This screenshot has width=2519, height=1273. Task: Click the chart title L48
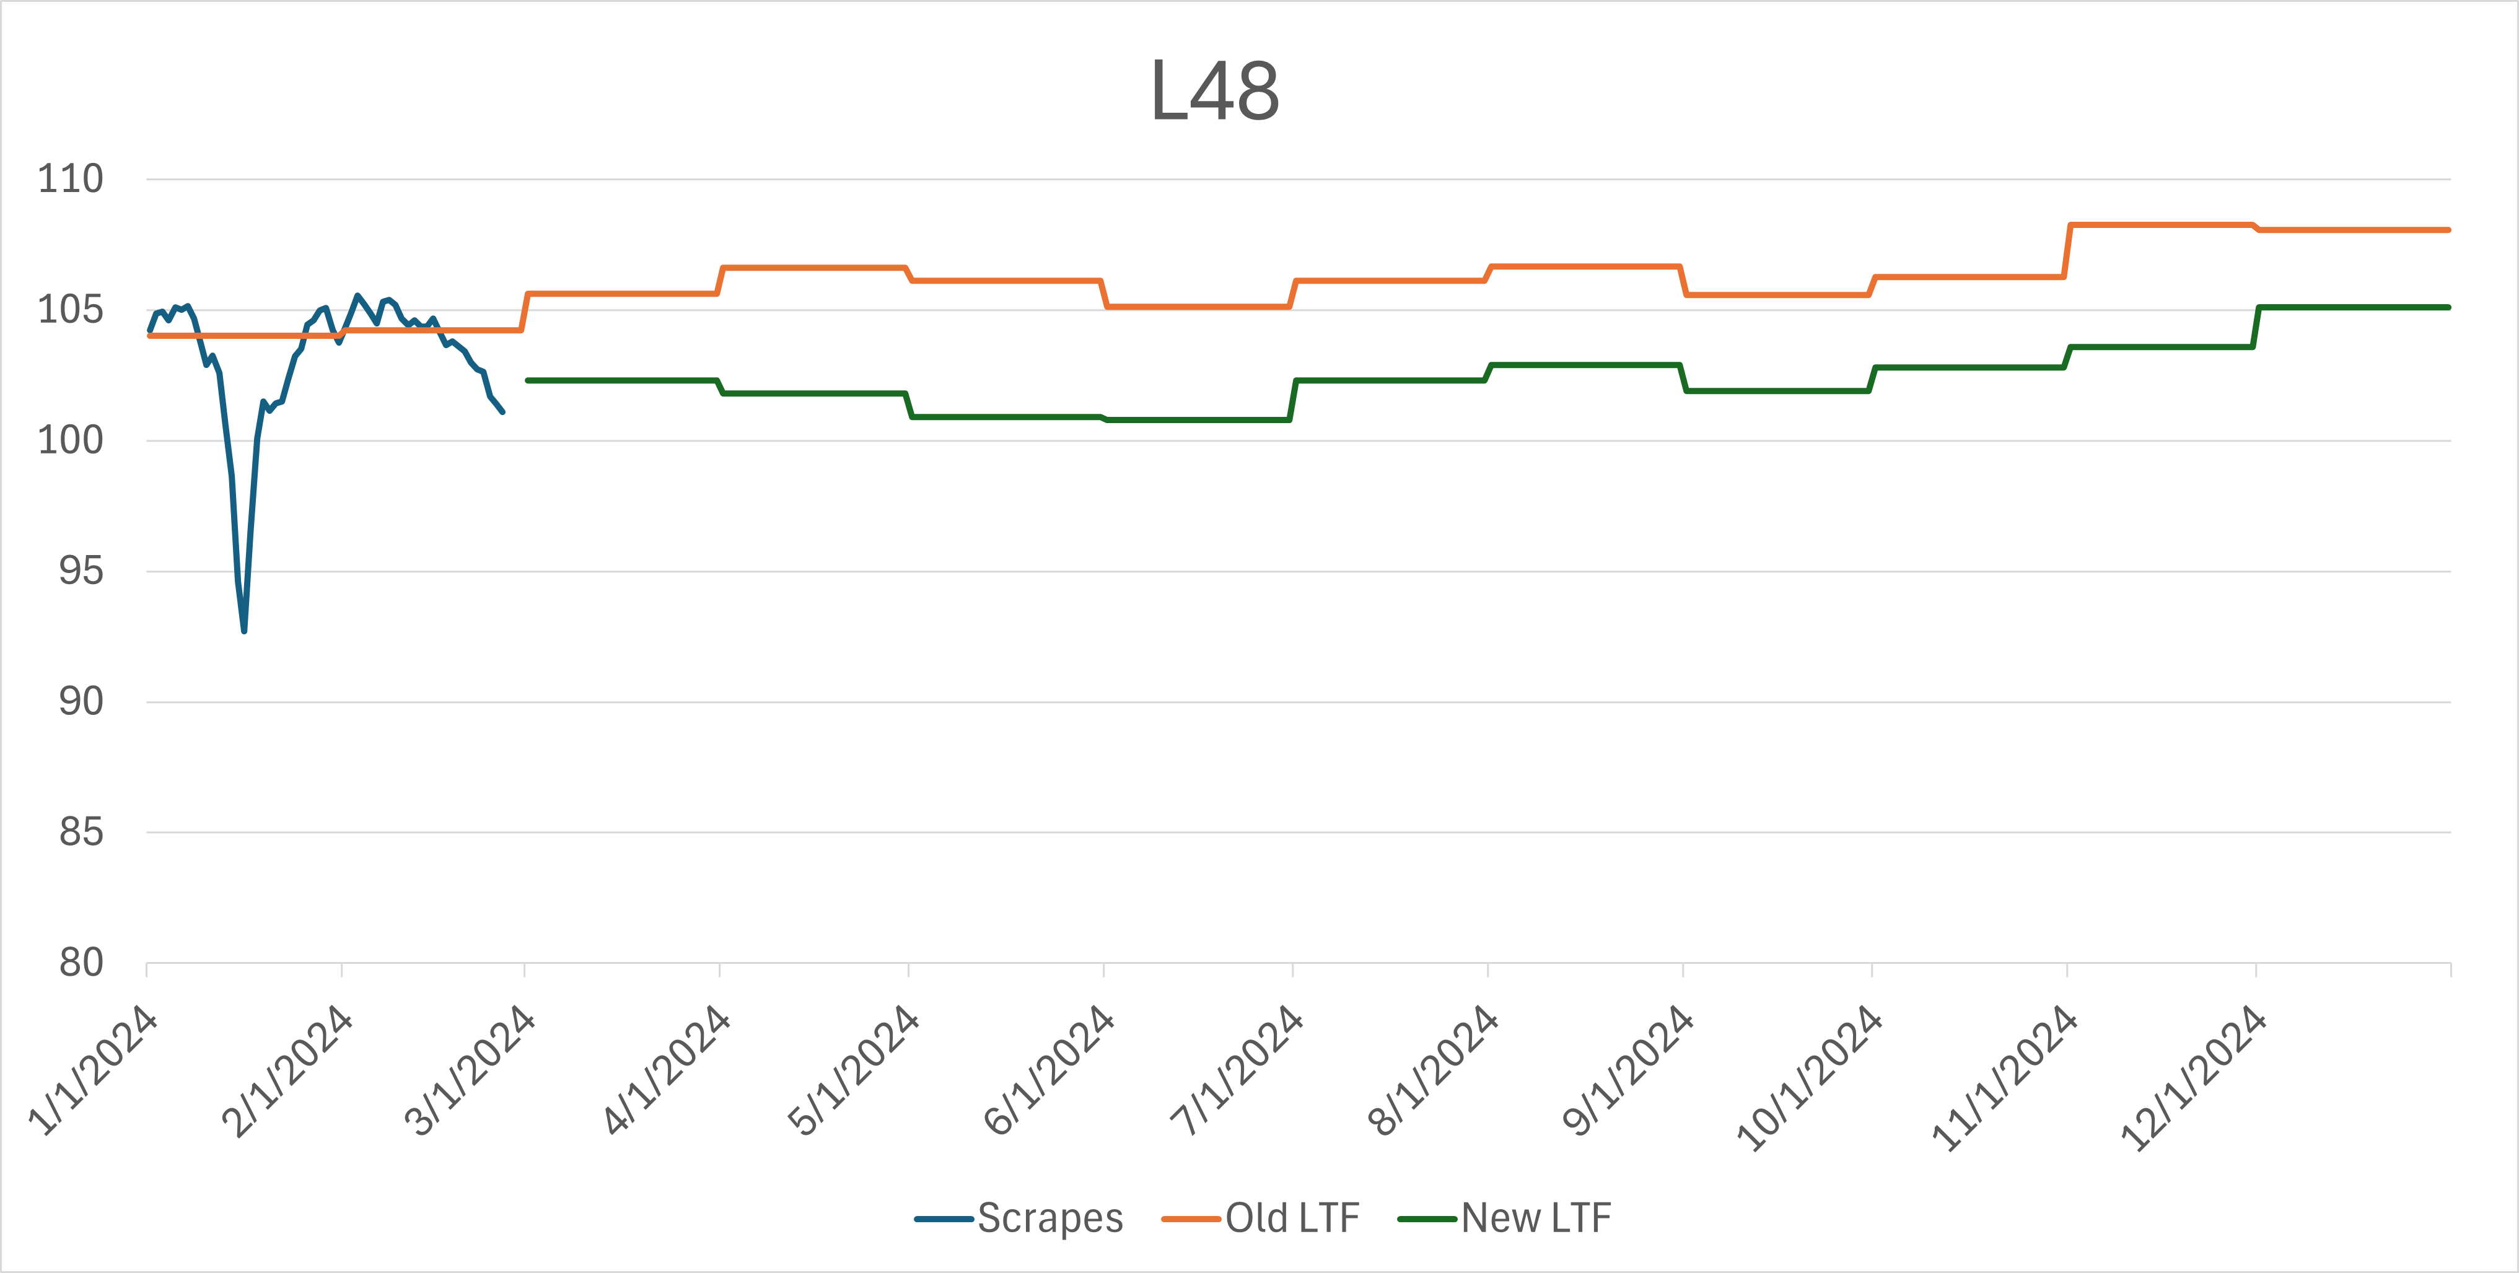click(1214, 92)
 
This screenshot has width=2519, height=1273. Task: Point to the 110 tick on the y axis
click(71, 179)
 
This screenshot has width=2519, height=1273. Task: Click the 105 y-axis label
click(71, 310)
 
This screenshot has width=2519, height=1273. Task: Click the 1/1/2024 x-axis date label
click(93, 1070)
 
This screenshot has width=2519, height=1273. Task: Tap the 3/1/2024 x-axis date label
click(470, 1070)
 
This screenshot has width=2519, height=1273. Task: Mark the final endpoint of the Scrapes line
click(502, 411)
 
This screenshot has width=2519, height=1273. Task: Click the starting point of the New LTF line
click(528, 380)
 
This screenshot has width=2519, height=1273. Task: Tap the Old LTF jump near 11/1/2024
click(2067, 252)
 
